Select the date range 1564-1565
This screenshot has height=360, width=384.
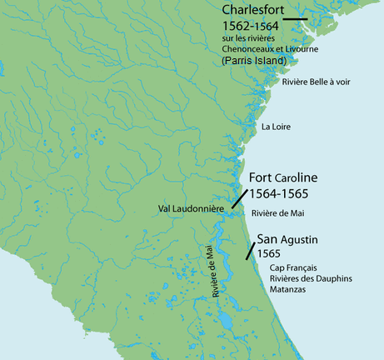pyautogui.click(x=280, y=194)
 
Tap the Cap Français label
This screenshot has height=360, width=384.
pyautogui.click(x=292, y=267)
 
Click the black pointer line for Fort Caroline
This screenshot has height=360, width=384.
pyautogui.click(x=239, y=197)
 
